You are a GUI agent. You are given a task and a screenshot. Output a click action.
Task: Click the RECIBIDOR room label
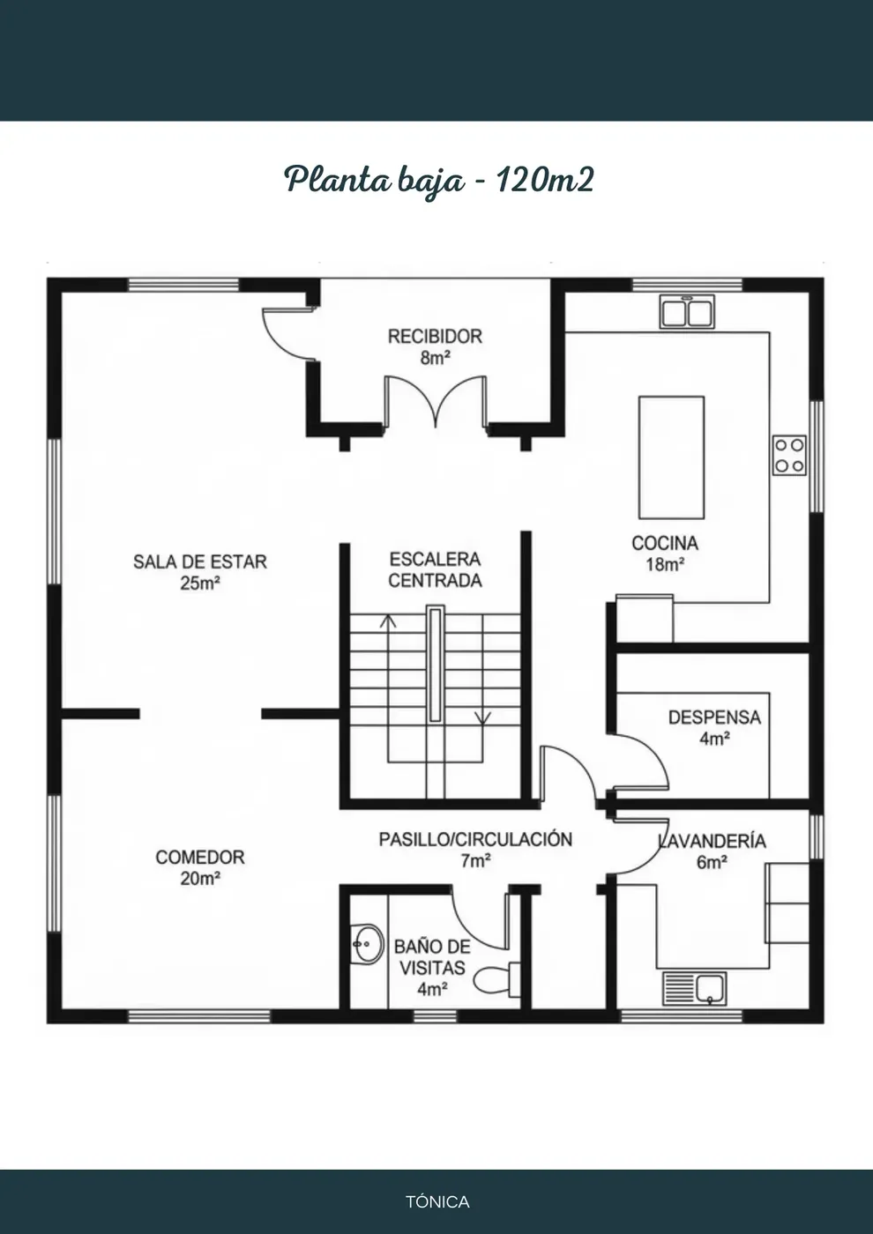(435, 336)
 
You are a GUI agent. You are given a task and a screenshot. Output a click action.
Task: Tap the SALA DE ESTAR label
(200, 561)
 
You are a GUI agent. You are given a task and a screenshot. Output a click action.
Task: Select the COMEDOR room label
(200, 857)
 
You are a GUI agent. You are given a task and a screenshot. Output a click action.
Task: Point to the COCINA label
(665, 543)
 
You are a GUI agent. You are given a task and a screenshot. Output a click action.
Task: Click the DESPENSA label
(714, 717)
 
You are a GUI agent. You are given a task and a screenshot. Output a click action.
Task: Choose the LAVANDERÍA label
(713, 841)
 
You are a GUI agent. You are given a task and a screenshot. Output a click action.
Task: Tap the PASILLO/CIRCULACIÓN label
(475, 839)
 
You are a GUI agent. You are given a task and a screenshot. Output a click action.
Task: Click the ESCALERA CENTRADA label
(435, 569)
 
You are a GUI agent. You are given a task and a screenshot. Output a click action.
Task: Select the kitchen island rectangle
(671, 457)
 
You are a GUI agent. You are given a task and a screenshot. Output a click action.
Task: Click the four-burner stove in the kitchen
(789, 455)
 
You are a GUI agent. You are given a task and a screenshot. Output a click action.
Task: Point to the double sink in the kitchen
(687, 312)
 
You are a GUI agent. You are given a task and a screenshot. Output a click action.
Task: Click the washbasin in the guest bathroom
(367, 944)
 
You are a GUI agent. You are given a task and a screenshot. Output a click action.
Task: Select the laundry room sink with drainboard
(695, 988)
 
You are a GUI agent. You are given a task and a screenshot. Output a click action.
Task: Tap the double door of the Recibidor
(436, 402)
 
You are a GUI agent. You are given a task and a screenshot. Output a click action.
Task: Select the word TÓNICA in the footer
(437, 1201)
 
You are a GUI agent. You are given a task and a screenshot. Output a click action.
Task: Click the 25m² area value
(200, 583)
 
